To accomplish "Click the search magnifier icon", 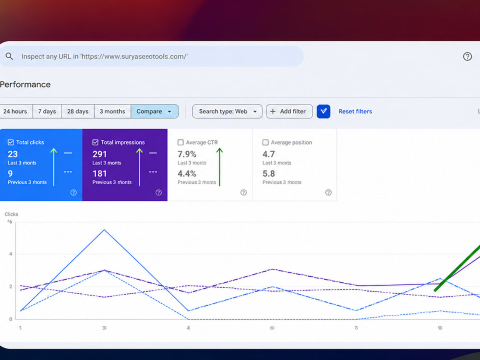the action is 9,56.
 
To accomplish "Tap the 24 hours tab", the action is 15,111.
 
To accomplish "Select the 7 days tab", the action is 47,111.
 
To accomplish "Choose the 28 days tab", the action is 78,111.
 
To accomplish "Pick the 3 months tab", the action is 112,111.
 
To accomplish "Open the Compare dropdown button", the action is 155,111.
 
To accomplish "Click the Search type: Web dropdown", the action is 227,111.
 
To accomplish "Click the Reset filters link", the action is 355,111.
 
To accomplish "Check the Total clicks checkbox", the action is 11,143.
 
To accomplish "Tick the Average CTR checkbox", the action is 180,143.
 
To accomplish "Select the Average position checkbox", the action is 265,143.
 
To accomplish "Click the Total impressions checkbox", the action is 96,143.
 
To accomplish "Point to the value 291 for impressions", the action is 99,154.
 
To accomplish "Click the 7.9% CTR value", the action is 187,154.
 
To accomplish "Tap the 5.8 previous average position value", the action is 269,174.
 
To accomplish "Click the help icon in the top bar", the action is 467,56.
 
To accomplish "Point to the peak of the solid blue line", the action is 104,229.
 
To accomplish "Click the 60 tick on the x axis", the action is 272,328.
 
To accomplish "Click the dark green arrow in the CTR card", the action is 219,167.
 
